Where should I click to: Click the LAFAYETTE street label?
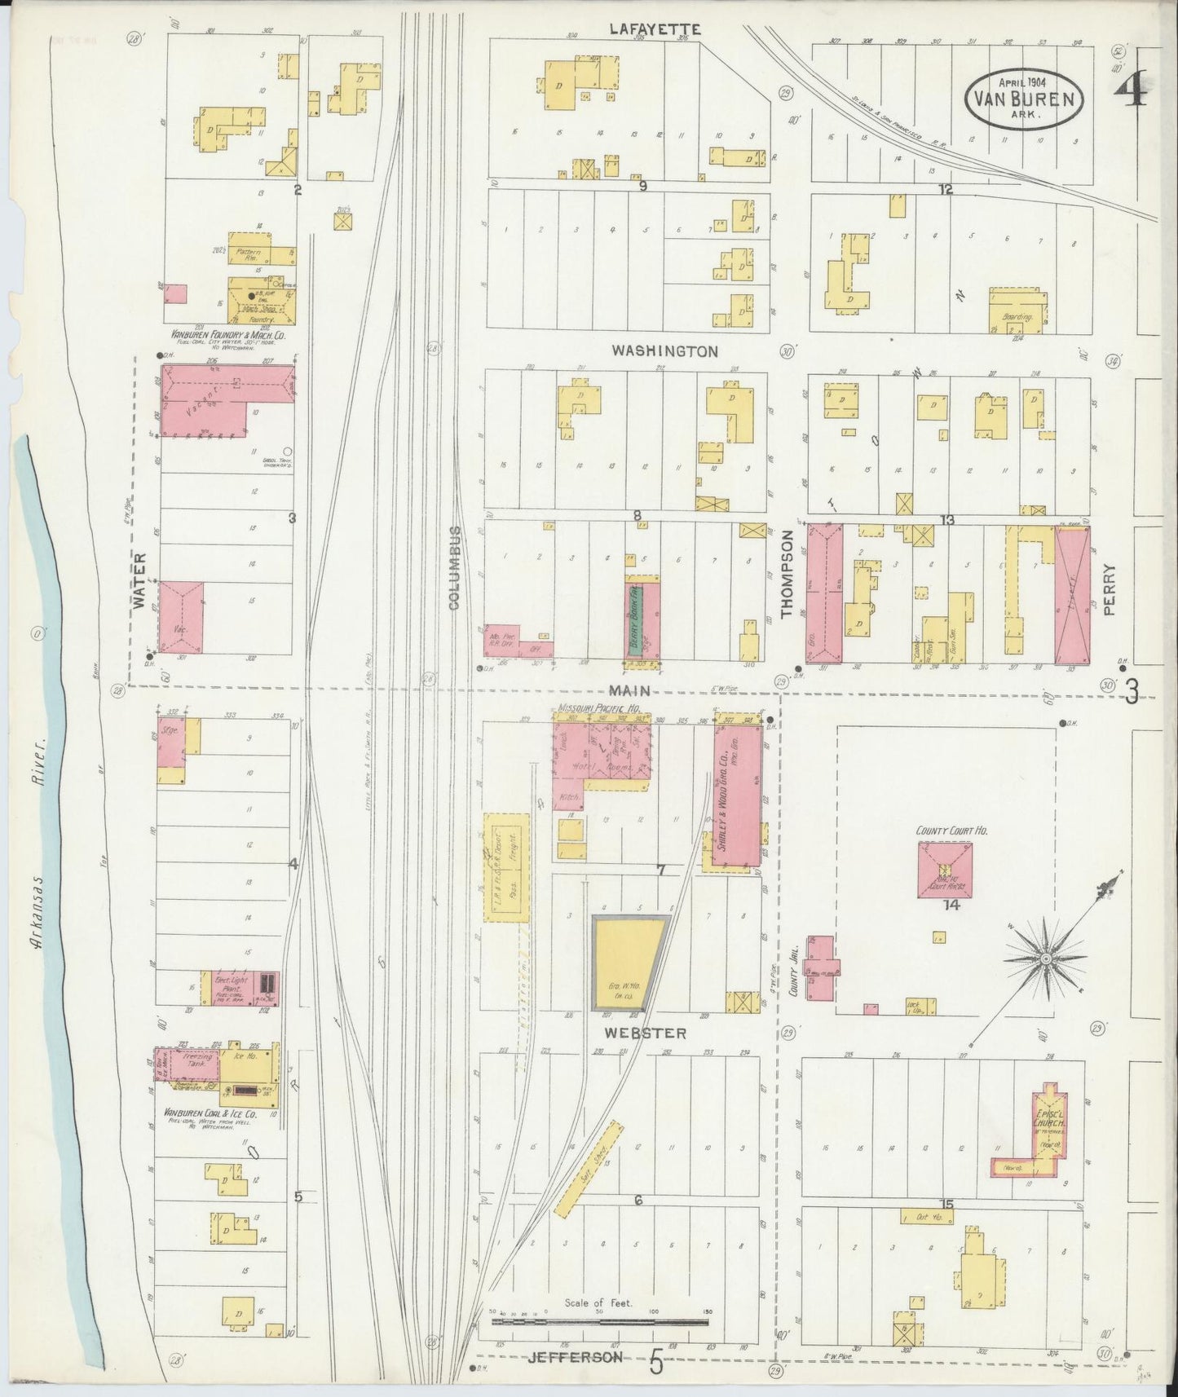[x=655, y=29]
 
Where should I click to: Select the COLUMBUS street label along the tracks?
[x=454, y=568]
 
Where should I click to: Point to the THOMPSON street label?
[x=788, y=575]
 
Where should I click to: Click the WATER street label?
[x=139, y=581]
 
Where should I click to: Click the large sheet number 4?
[x=1132, y=90]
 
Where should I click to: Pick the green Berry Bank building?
[x=635, y=618]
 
